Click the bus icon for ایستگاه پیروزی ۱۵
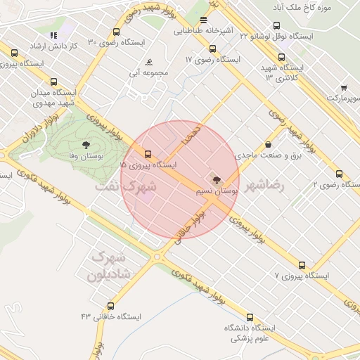[x=148, y=153]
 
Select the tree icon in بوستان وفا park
[x=86, y=146]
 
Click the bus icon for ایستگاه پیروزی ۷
[x=302, y=265]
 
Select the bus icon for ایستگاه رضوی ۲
[x=339, y=174]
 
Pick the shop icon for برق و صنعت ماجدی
[x=268, y=146]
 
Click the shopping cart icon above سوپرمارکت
[x=343, y=88]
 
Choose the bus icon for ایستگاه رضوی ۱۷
[x=212, y=49]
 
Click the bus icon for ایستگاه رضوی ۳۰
[x=116, y=32]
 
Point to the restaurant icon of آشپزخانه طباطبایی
[x=203, y=20]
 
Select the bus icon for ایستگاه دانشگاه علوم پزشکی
[x=251, y=317]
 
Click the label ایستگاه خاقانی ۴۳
[x=111, y=317]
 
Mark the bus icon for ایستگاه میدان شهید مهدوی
[x=54, y=82]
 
